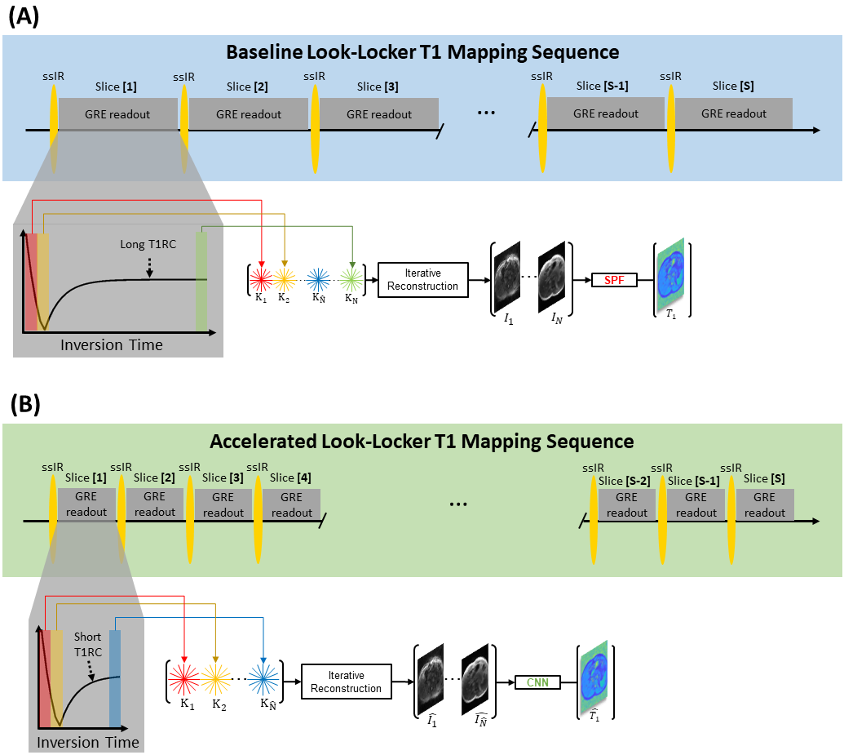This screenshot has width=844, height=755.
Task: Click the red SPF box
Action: pyautogui.click(x=614, y=281)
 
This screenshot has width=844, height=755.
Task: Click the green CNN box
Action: pyautogui.click(x=537, y=681)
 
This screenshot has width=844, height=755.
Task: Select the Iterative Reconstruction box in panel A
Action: pyautogui.click(x=424, y=279)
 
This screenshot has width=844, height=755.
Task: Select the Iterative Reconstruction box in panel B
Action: pyautogui.click(x=347, y=682)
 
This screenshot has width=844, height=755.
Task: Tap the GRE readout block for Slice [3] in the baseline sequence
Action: pyautogui.click(x=379, y=113)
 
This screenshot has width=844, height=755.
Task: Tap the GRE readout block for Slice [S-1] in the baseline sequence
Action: pyautogui.click(x=606, y=113)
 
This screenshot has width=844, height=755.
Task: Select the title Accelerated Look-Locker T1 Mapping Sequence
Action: pyautogui.click(x=422, y=442)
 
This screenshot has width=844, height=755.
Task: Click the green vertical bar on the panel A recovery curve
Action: pyautogui.click(x=201, y=281)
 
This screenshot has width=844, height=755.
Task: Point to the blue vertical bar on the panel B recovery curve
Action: pyautogui.click(x=115, y=678)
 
